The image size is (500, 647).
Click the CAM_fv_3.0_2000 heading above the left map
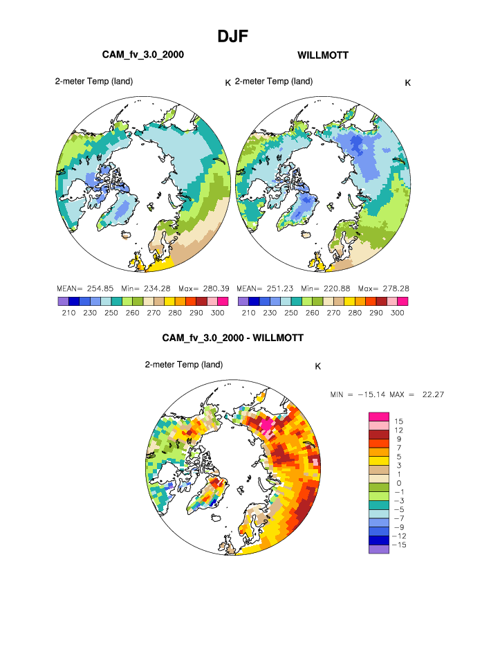pyautogui.click(x=143, y=55)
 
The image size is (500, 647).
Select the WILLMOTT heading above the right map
pyautogui.click(x=323, y=55)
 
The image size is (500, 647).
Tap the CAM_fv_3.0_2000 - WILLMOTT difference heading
pyautogui.click(x=232, y=338)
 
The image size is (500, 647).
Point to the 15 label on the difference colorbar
pyautogui.click(x=399, y=421)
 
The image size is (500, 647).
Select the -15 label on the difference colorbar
pyautogui.click(x=400, y=545)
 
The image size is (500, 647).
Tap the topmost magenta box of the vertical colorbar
pyautogui.click(x=379, y=416)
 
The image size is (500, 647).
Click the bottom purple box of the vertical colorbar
pyautogui.click(x=379, y=549)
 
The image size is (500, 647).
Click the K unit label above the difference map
pyautogui.click(x=317, y=367)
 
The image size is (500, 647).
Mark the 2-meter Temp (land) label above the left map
pyautogui.click(x=95, y=82)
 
